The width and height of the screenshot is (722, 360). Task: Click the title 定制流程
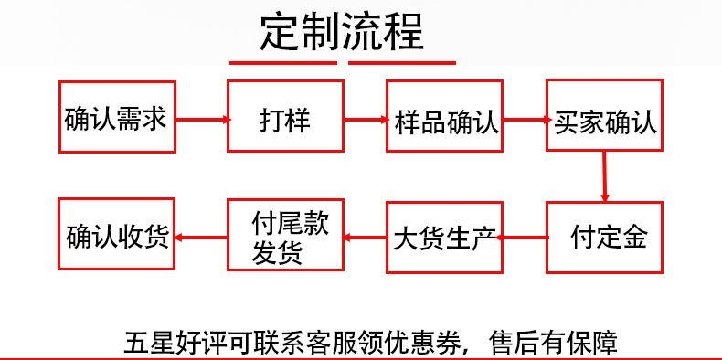point(343,32)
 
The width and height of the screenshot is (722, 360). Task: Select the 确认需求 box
point(117,117)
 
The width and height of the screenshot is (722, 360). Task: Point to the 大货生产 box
point(445,237)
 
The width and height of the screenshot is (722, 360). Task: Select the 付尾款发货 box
point(284,237)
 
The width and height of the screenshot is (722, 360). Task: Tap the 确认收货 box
point(117,235)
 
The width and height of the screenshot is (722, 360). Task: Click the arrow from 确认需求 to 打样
point(201,118)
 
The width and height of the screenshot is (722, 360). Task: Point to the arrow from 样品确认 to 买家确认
point(525,118)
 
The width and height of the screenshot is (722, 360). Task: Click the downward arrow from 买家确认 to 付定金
point(605,176)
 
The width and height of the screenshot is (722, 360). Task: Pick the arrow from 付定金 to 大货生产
point(525,238)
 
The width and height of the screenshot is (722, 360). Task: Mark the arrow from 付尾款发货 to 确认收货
point(201,238)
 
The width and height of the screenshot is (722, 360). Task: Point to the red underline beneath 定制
point(283,63)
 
